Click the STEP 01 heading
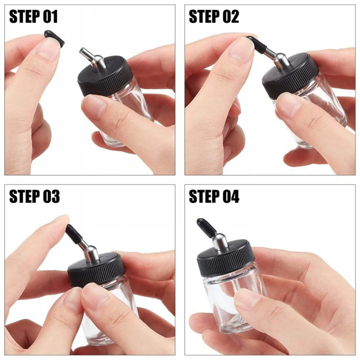click(33, 17)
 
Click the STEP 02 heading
click(214, 17)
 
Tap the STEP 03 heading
click(34, 197)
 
